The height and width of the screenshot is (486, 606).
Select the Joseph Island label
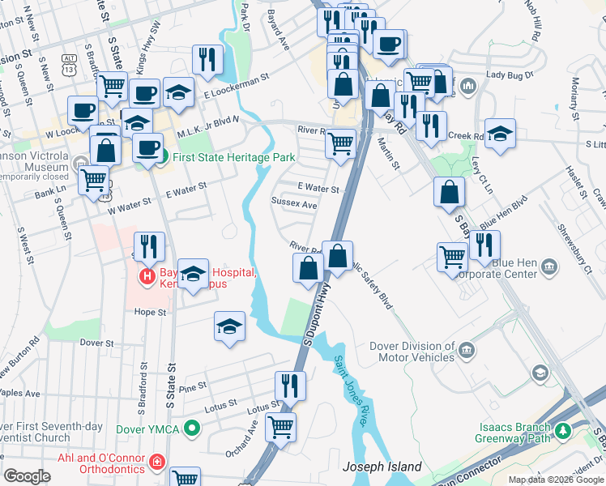(382, 467)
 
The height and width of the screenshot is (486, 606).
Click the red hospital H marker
(147, 277)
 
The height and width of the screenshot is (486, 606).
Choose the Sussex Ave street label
(294, 204)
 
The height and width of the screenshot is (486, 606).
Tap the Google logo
(27, 476)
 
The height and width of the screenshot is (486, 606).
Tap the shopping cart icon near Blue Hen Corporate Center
(452, 257)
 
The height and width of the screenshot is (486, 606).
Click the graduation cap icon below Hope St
(229, 326)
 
